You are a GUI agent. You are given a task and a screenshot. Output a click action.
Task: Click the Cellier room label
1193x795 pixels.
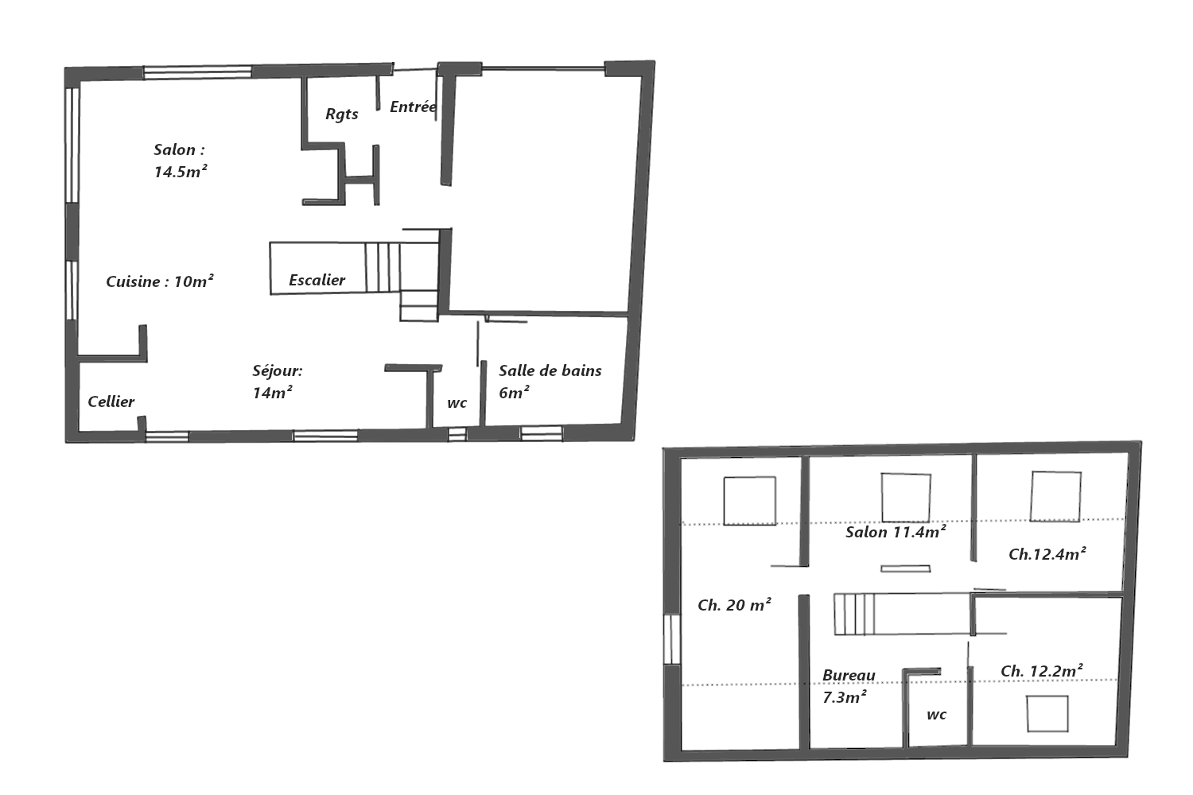tap(111, 401)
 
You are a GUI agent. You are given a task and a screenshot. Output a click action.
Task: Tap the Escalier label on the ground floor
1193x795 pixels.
tap(317, 280)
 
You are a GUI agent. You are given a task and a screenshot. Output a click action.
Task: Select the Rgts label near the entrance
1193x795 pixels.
tap(342, 114)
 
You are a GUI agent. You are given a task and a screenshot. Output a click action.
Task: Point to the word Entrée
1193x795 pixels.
tap(414, 107)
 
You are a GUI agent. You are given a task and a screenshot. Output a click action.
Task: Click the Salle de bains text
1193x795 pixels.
tap(550, 370)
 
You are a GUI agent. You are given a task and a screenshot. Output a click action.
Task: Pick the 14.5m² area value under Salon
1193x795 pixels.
tap(181, 172)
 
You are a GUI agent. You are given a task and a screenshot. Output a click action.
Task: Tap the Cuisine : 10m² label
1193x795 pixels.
tap(160, 281)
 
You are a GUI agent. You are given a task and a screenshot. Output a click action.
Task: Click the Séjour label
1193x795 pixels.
tap(278, 370)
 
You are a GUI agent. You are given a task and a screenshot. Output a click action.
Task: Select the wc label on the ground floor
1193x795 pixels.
tap(457, 403)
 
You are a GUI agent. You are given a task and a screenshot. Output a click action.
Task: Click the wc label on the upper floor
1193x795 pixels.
tap(936, 715)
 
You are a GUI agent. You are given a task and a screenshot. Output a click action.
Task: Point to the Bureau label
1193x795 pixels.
tap(849, 675)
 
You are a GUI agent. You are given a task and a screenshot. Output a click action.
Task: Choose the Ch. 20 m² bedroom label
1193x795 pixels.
tap(734, 605)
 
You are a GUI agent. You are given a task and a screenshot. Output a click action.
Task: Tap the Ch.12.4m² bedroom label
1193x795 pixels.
tap(1047, 554)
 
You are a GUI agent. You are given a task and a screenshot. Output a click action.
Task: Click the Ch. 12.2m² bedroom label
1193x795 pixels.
tap(1042, 671)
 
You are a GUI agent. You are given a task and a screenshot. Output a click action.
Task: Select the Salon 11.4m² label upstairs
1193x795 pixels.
tap(896, 532)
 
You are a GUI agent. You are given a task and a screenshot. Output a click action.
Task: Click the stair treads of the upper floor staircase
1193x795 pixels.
tap(854, 615)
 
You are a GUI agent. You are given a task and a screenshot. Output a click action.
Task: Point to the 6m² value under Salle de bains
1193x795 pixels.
tap(514, 393)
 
